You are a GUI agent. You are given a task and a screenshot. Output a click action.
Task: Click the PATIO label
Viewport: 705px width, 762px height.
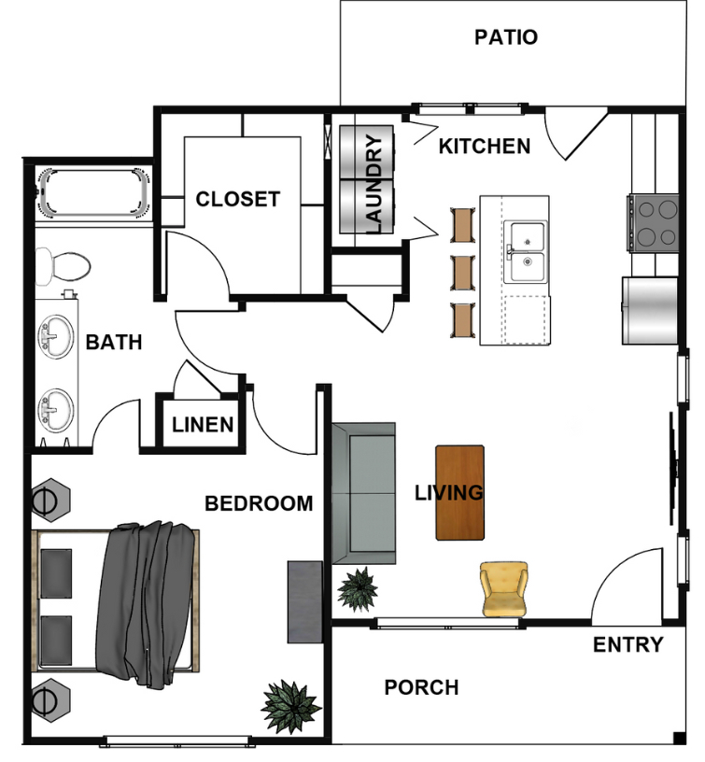point(506,37)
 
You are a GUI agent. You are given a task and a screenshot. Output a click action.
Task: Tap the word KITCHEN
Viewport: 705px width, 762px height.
point(485,147)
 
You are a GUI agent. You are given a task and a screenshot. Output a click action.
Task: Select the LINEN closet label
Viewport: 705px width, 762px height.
point(203,425)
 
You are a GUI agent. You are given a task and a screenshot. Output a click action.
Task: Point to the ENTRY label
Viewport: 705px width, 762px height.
point(627,645)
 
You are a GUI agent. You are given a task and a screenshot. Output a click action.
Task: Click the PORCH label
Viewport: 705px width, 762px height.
point(421,687)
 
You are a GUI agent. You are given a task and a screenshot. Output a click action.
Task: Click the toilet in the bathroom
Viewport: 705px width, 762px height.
point(63,266)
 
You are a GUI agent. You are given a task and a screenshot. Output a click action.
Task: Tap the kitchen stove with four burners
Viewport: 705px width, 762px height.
point(653,223)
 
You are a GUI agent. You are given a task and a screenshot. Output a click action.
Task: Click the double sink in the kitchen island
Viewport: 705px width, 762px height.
point(525,252)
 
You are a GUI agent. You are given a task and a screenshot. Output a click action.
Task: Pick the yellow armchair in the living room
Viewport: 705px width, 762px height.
point(504,589)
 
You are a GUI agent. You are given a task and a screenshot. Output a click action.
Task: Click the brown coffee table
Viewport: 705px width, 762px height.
point(459,492)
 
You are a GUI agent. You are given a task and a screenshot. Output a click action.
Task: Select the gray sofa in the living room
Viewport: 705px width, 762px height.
point(363,493)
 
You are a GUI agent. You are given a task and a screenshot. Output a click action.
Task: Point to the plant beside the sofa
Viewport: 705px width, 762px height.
point(358,589)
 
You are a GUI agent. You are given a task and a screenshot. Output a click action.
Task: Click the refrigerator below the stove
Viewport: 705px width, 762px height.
point(650,311)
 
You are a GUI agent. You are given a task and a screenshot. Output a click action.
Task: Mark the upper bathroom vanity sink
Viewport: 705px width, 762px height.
point(56,337)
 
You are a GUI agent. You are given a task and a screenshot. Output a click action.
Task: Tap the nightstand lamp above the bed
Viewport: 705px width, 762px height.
point(50,500)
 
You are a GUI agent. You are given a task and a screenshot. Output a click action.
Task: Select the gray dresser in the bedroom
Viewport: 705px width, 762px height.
point(304,602)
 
